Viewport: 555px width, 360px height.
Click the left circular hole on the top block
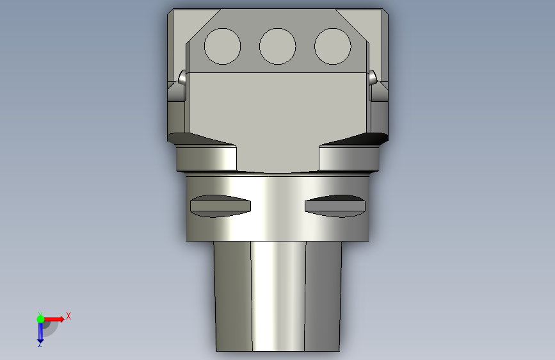click(222, 46)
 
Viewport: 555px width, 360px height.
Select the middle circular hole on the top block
click(278, 46)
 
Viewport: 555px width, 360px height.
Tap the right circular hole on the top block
click(333, 46)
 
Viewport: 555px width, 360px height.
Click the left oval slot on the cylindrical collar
click(220, 206)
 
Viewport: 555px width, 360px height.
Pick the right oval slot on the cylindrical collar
click(335, 206)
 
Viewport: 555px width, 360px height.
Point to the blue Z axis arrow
click(40, 332)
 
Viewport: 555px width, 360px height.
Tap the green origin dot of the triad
click(40, 319)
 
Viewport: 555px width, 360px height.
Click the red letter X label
click(68, 316)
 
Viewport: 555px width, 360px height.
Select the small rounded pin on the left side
click(182, 78)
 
